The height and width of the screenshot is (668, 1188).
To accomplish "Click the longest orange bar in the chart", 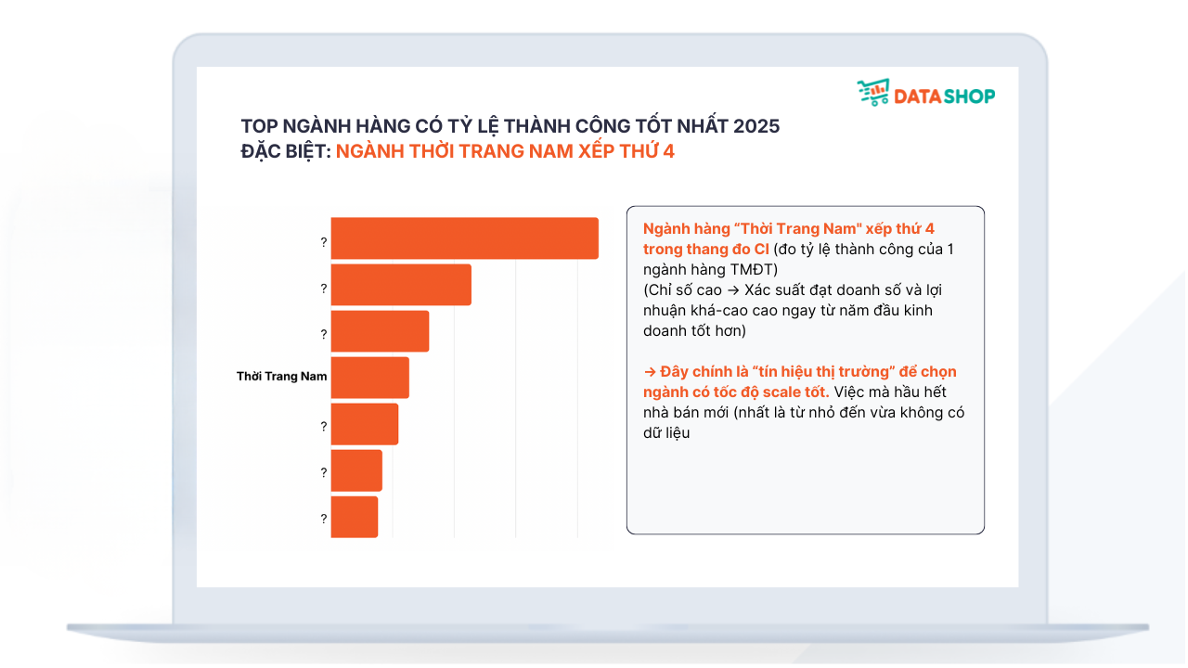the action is pos(465,238).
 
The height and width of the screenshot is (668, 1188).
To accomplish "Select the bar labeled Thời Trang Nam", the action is pos(370,378).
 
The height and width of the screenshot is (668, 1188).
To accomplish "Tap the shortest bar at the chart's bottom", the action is pos(355,518).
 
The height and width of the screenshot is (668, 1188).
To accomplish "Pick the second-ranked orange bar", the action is pos(402,285).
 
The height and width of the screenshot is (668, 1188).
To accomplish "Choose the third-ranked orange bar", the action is pos(381,331).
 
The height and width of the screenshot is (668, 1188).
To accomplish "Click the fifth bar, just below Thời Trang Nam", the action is pos(365,425).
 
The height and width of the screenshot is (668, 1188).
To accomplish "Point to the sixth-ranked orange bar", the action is pos(357,470).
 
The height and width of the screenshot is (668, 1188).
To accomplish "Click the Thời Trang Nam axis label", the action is pos(281,377).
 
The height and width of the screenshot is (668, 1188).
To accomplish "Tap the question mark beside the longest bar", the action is pos(324,242).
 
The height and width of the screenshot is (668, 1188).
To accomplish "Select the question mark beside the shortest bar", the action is pos(324,519).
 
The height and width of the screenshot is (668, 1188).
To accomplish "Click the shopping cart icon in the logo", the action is pos(873,93).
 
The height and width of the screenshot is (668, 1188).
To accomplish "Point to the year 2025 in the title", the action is pos(756,126).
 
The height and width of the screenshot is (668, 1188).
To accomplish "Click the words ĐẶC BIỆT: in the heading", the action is pos(286,151).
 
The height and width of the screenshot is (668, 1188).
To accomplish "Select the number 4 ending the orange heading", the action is pos(669,151).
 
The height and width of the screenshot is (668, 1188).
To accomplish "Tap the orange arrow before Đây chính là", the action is pos(650,372).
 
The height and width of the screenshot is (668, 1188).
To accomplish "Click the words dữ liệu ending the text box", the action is pos(666,433).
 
